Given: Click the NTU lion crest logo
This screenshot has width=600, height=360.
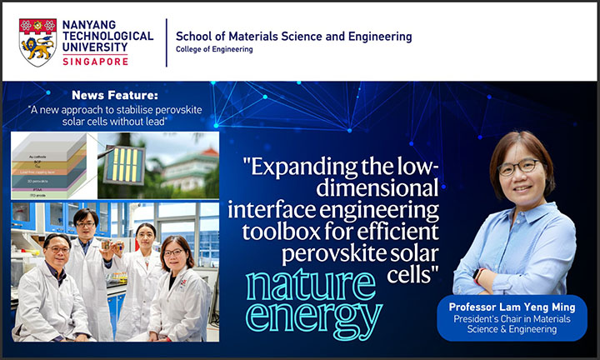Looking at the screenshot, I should point(37,42).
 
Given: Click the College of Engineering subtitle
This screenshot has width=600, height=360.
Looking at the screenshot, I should point(213,50).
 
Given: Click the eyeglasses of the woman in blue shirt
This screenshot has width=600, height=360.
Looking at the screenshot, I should point(517,167).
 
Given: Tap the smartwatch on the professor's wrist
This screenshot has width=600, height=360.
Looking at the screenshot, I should point(477,274).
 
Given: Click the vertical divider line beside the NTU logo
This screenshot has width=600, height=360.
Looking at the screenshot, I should point(166,42).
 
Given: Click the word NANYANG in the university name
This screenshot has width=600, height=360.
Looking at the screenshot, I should point(88,24).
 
